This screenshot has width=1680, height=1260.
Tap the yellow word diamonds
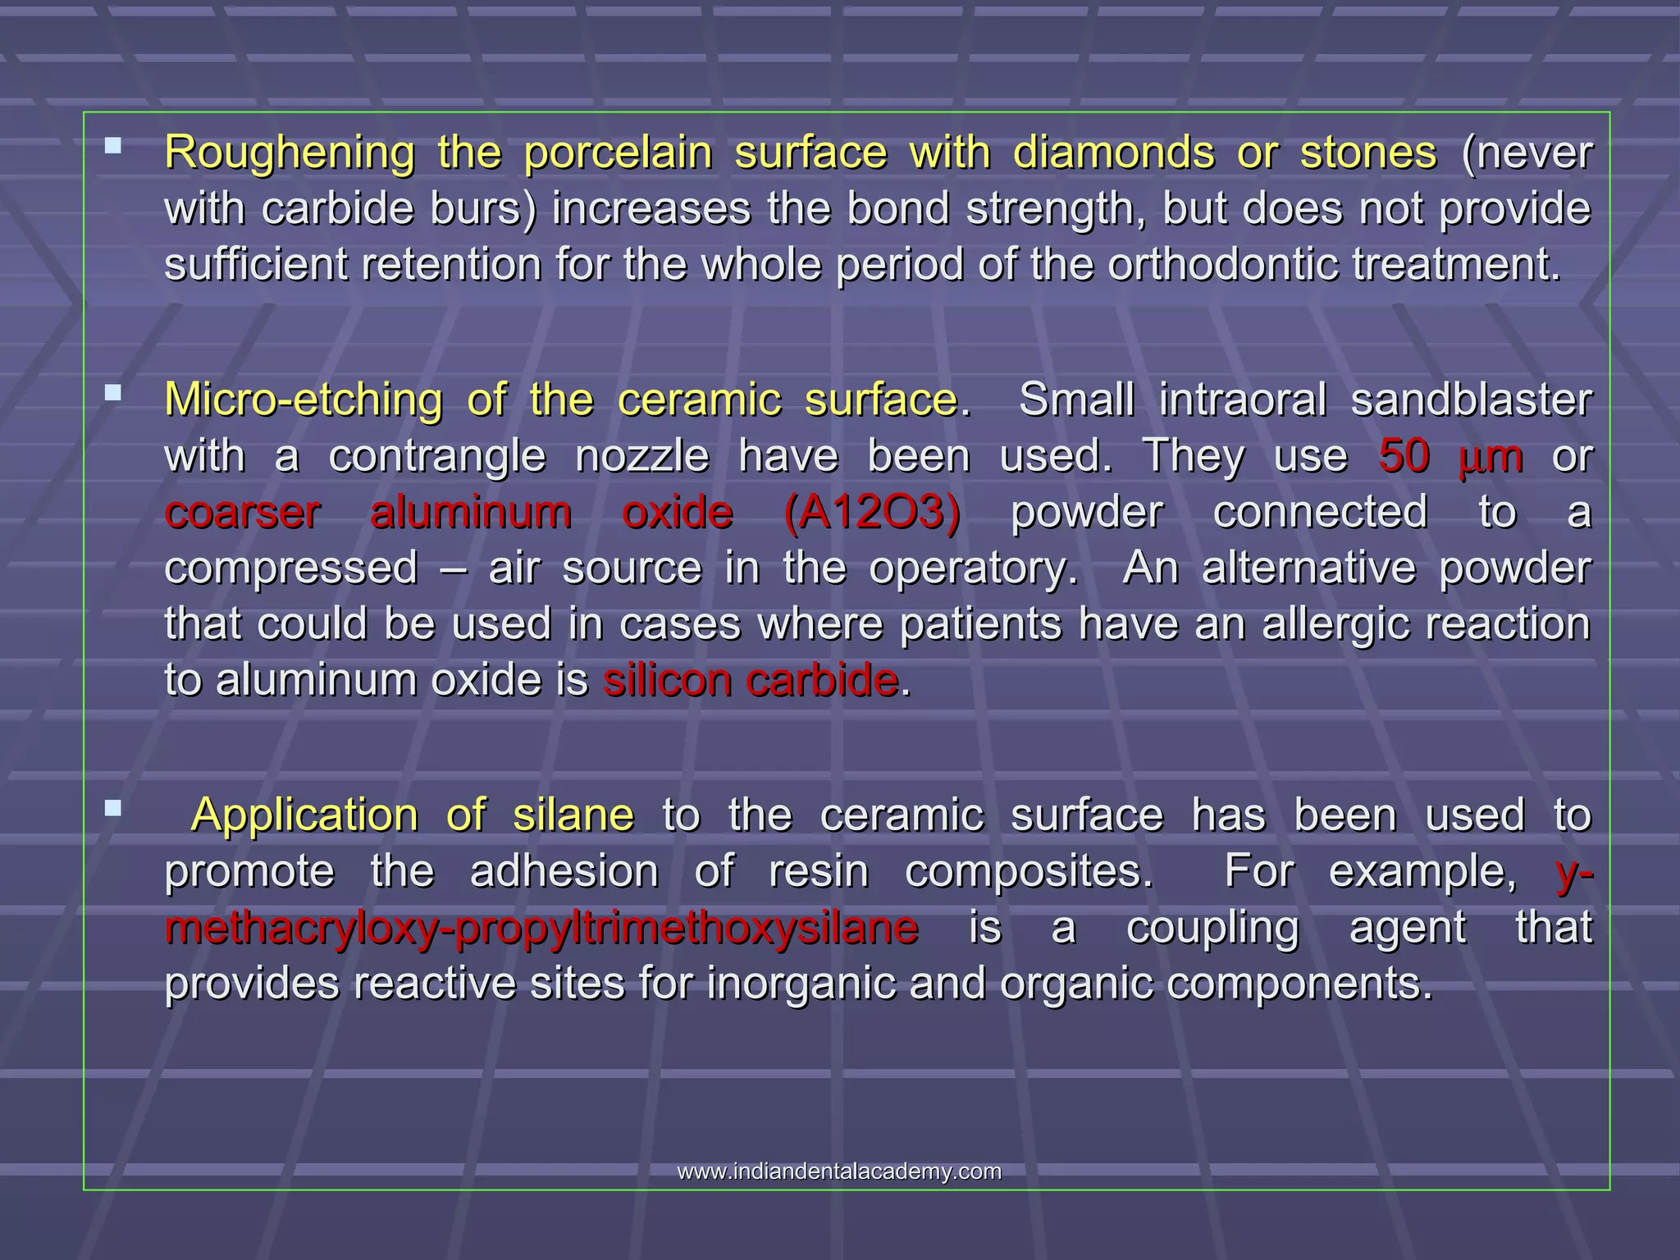pyautogui.click(x=1114, y=153)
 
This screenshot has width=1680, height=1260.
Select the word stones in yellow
pyautogui.click(x=1368, y=153)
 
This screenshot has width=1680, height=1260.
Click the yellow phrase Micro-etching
pyautogui.click(x=304, y=401)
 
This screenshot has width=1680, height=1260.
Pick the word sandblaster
pyautogui.click(x=1471, y=401)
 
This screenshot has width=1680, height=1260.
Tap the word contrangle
pyautogui.click(x=437, y=456)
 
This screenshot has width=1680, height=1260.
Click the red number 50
pyautogui.click(x=1405, y=456)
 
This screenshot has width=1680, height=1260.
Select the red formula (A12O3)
pyautogui.click(x=872, y=513)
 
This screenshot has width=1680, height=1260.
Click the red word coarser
pyautogui.click(x=242, y=513)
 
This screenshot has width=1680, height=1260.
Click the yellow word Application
pyautogui.click(x=304, y=815)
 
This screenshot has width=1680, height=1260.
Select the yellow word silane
pyautogui.click(x=573, y=815)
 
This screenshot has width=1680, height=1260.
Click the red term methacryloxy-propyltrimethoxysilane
pyautogui.click(x=541, y=929)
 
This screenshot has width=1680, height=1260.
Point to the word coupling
pyautogui.click(x=1212, y=929)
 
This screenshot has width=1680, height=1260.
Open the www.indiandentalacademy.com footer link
pyautogui.click(x=839, y=1171)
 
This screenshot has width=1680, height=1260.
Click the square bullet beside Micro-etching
pyautogui.click(x=113, y=393)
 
